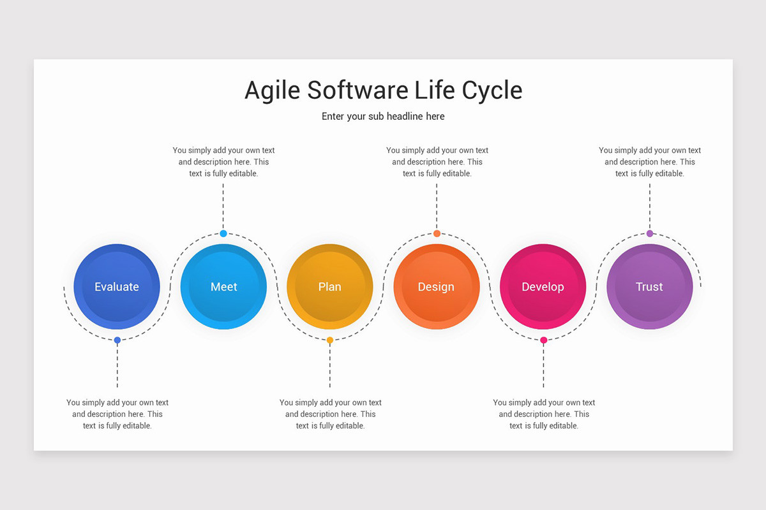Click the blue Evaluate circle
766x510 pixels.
pyautogui.click(x=117, y=287)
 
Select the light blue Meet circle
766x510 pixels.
pyautogui.click(x=223, y=287)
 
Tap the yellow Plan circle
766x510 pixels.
pyautogui.click(x=330, y=287)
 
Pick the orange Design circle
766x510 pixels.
pyautogui.click(x=437, y=287)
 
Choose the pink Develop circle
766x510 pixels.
pyautogui.click(x=543, y=287)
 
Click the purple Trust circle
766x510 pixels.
pyautogui.click(x=649, y=287)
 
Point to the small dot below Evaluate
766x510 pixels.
pyautogui.click(x=117, y=340)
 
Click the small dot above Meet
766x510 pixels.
pyautogui.click(x=223, y=233)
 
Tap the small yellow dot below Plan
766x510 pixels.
pyautogui.click(x=330, y=340)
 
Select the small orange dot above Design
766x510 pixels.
pyautogui.click(x=437, y=233)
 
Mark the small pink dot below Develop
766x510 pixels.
pyautogui.click(x=543, y=340)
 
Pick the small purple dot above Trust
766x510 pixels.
pyautogui.click(x=650, y=233)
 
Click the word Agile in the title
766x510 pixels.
pyautogui.click(x=273, y=91)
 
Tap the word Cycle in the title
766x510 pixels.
pyautogui.click(x=492, y=91)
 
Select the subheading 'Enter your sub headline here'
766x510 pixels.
pyautogui.click(x=383, y=116)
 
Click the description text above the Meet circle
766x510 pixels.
pyautogui.click(x=223, y=162)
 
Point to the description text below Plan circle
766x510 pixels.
pyautogui.click(x=330, y=414)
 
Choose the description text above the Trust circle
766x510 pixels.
pyautogui.click(x=650, y=162)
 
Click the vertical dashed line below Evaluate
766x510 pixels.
pyautogui.click(x=117, y=367)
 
